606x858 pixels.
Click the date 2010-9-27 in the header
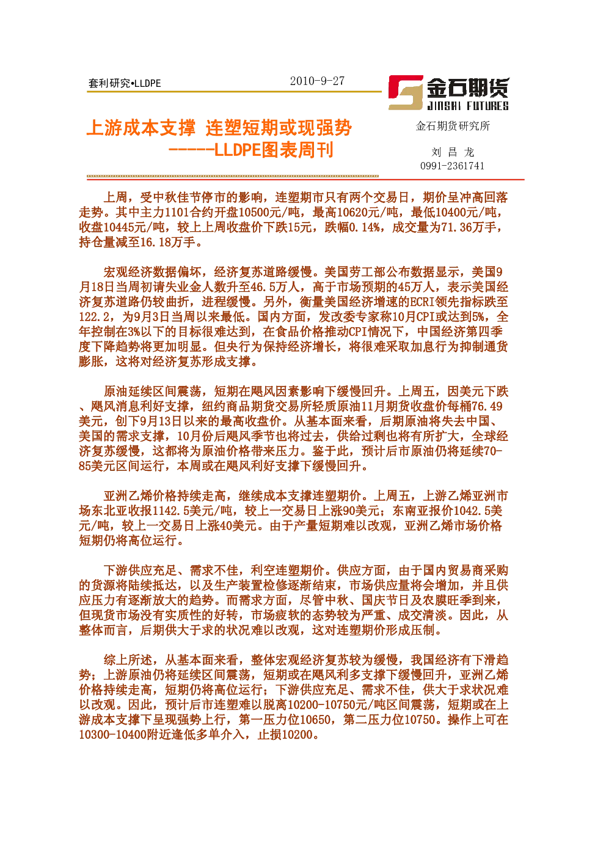(x=317, y=81)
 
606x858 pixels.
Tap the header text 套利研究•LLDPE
(x=125, y=83)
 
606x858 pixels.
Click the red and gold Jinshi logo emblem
(x=406, y=92)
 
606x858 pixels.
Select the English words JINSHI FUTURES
(x=468, y=106)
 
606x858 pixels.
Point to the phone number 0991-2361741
(x=452, y=166)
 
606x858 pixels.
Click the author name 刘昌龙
(x=453, y=152)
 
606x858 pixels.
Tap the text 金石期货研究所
(x=453, y=126)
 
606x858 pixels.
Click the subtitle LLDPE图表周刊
(x=274, y=150)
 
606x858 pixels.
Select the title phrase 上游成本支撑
(x=141, y=128)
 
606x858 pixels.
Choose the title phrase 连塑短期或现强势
(x=279, y=128)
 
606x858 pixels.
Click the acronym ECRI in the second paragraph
(x=422, y=302)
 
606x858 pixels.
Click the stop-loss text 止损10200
(x=285, y=734)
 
